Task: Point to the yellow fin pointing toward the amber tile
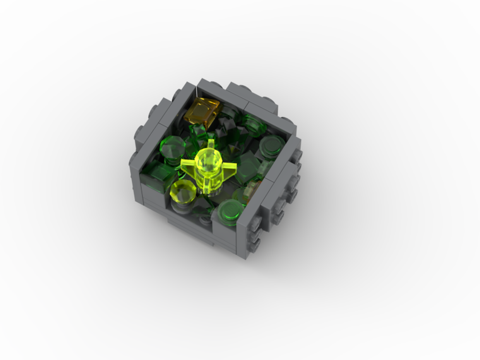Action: point(211,143)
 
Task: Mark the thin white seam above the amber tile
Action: point(197,91)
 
